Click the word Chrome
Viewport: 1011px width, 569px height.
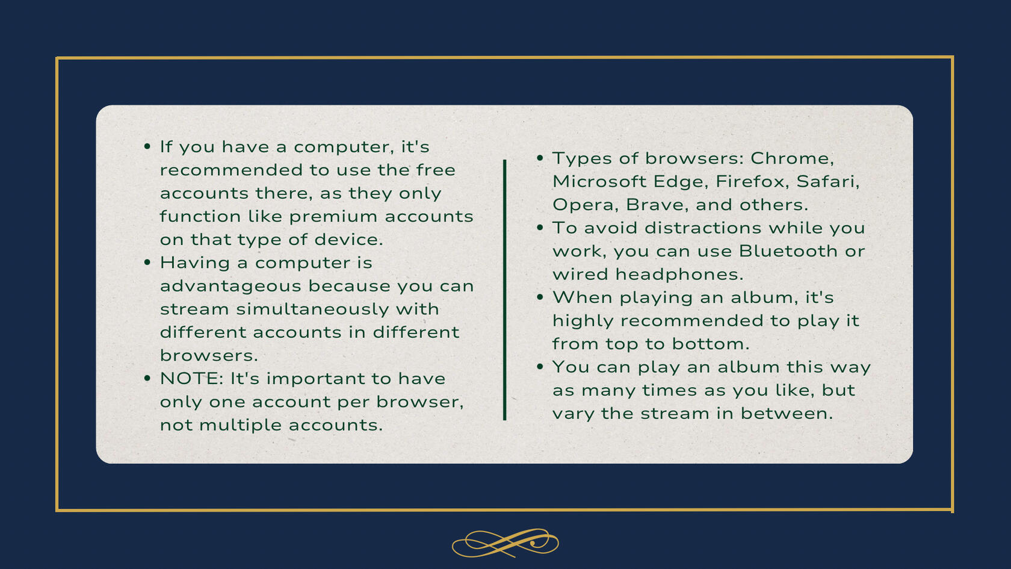tap(792, 158)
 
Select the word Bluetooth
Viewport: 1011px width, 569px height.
tap(788, 251)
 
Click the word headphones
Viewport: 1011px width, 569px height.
tap(679, 275)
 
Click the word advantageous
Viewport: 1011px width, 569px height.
tap(230, 287)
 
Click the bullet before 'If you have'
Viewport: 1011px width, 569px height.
tap(147, 146)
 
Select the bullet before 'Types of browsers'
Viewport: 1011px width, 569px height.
tap(540, 158)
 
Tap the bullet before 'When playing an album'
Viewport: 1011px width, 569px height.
tap(540, 297)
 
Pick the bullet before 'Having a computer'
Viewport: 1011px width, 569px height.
tap(147, 262)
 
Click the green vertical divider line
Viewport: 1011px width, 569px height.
tap(504, 290)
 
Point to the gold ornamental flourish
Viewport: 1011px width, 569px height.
tap(505, 543)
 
